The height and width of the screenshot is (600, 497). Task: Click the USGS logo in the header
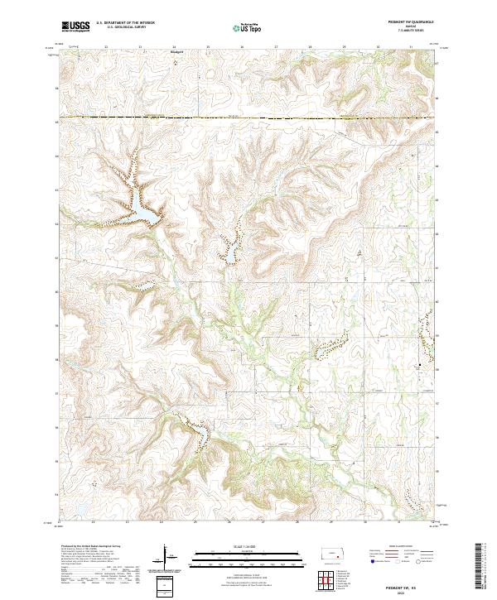[x=76, y=26]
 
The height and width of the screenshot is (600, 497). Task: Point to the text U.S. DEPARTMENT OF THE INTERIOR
[x=125, y=23]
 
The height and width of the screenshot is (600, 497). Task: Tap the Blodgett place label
[x=175, y=51]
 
